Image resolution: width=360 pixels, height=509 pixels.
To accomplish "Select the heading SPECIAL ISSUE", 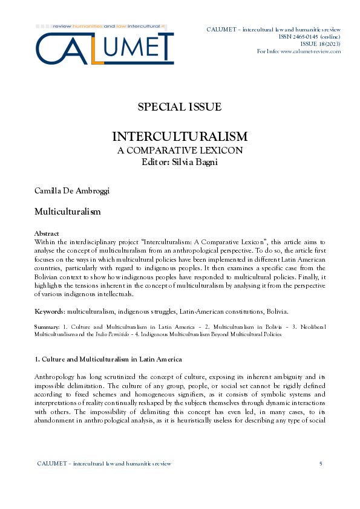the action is pyautogui.click(x=180, y=107).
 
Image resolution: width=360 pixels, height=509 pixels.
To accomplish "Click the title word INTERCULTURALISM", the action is pyautogui.click(x=180, y=136).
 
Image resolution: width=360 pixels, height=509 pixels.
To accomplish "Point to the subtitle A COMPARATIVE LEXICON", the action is pyautogui.click(x=180, y=150).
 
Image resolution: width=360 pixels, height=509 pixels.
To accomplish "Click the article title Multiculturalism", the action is pyautogui.click(x=67, y=213).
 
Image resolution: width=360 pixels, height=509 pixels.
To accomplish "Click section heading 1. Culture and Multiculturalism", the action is pyautogui.click(x=108, y=360).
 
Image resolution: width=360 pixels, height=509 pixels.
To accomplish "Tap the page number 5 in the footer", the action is pyautogui.click(x=320, y=464).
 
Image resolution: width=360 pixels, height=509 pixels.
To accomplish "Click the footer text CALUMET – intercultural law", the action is pyautogui.click(x=104, y=464).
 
